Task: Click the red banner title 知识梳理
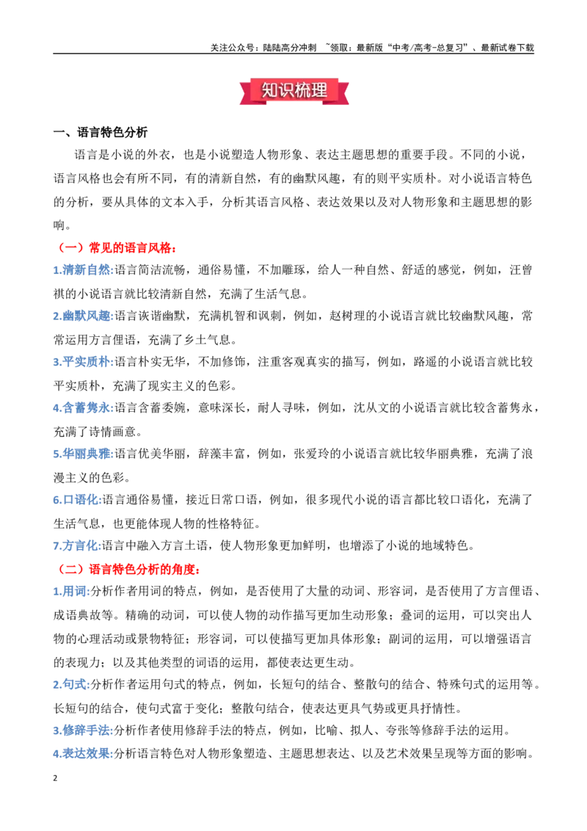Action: (x=294, y=90)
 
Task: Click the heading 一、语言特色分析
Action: (x=101, y=132)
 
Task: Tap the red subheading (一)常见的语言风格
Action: (x=117, y=247)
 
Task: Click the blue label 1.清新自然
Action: (x=83, y=269)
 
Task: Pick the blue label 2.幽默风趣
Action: (x=83, y=316)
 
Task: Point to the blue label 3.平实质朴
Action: (x=83, y=362)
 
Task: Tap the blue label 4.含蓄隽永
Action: (x=83, y=407)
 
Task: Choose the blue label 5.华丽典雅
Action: (x=83, y=454)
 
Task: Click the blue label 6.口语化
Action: (x=77, y=500)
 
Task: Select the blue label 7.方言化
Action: (x=77, y=545)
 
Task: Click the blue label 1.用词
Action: (x=71, y=592)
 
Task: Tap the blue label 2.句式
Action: (x=71, y=684)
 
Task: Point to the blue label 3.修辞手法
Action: (x=83, y=730)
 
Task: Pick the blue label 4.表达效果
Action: (x=83, y=753)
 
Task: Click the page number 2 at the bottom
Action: (x=55, y=778)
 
